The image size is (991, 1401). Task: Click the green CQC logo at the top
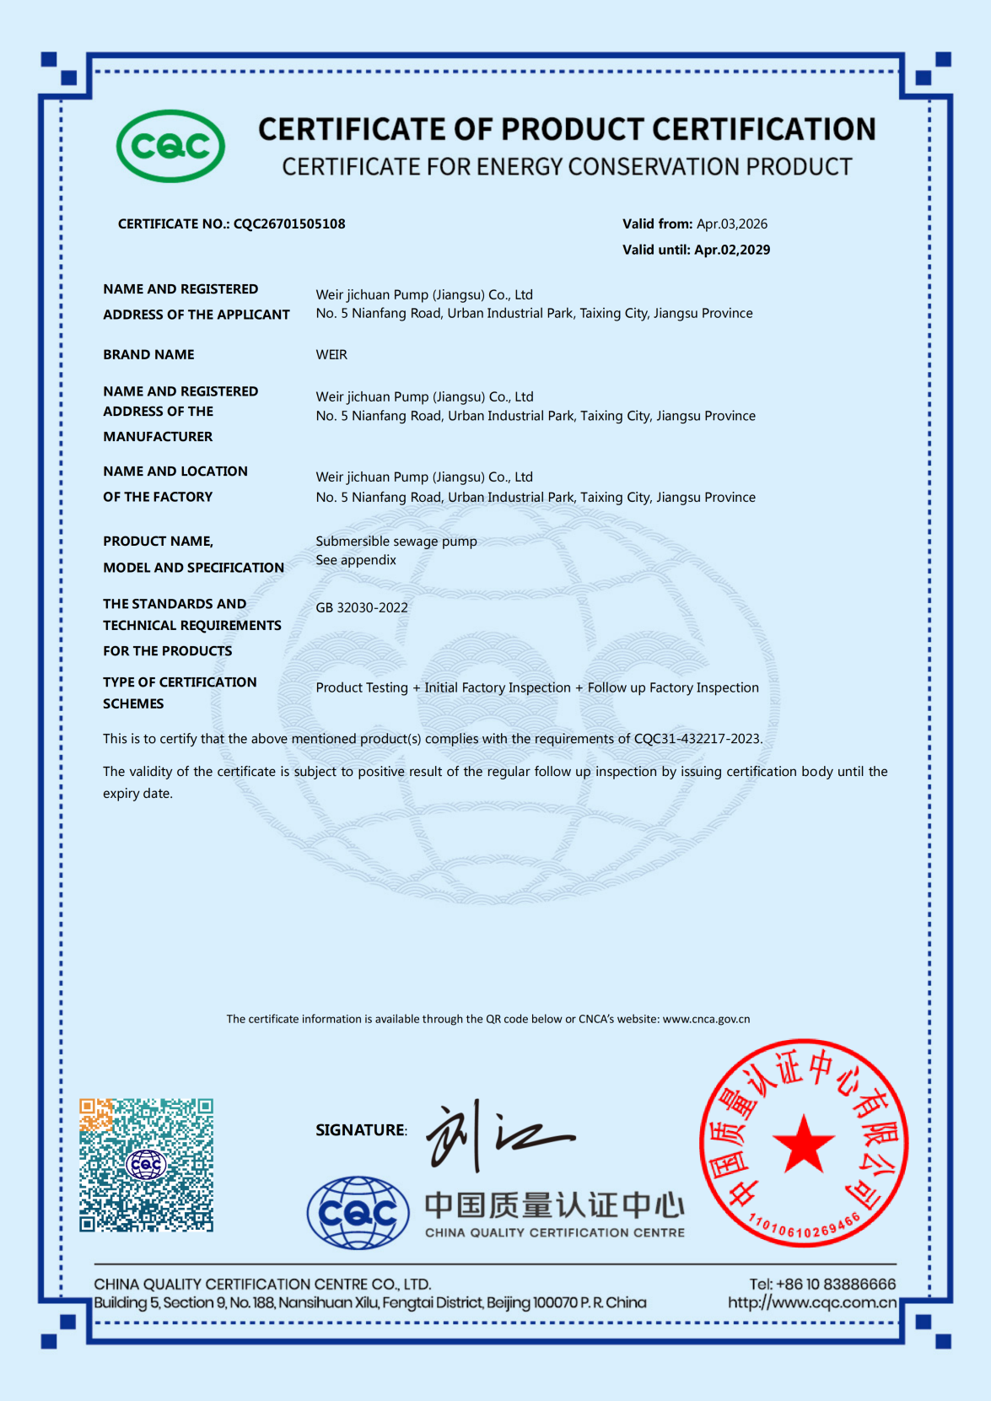pyautogui.click(x=170, y=146)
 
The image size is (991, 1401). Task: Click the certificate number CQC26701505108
pyautogui.click(x=289, y=224)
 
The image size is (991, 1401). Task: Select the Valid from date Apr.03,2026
pyautogui.click(x=732, y=224)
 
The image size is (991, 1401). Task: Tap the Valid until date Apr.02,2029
pyautogui.click(x=732, y=250)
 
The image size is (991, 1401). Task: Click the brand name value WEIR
pyautogui.click(x=331, y=355)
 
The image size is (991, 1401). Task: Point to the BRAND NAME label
pyautogui.click(x=148, y=355)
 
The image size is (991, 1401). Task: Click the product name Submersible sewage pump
pyautogui.click(x=396, y=542)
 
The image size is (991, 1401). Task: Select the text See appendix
pyautogui.click(x=356, y=560)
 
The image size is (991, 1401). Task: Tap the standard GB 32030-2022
pyautogui.click(x=362, y=608)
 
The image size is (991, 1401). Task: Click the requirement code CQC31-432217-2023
pyautogui.click(x=697, y=739)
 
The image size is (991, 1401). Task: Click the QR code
pyautogui.click(x=146, y=1165)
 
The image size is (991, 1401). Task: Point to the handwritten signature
pyautogui.click(x=498, y=1135)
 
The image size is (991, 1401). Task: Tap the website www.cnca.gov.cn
pyautogui.click(x=706, y=1019)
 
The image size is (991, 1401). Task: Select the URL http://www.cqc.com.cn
pyautogui.click(x=811, y=1303)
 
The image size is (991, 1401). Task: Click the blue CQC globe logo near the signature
pyautogui.click(x=358, y=1213)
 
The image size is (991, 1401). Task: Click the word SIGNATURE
pyautogui.click(x=360, y=1130)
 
